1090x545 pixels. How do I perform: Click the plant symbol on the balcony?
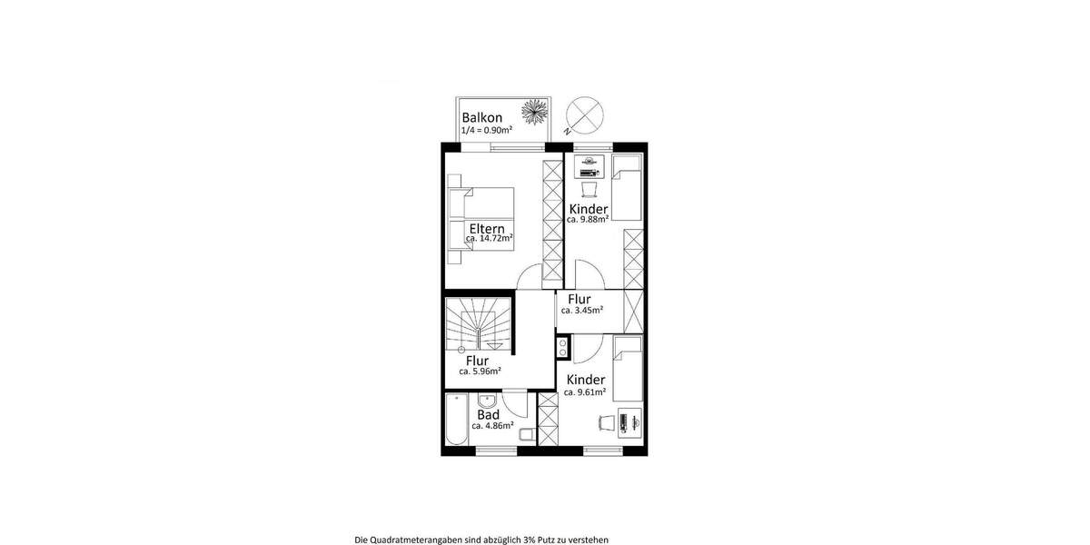(x=533, y=113)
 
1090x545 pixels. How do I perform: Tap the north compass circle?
(x=582, y=114)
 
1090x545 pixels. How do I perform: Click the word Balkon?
(x=481, y=118)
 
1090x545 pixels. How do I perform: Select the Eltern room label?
(x=489, y=227)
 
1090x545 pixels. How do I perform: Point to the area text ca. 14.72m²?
(x=489, y=239)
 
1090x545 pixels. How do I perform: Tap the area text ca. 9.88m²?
(x=588, y=220)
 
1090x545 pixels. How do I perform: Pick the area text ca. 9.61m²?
(x=585, y=392)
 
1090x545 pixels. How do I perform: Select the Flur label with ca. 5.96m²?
(x=478, y=361)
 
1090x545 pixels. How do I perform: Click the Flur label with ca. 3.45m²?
(x=580, y=299)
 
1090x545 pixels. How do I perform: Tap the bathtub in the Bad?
(x=457, y=419)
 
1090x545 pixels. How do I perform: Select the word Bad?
(x=488, y=414)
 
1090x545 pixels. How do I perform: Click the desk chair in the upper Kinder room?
(x=590, y=190)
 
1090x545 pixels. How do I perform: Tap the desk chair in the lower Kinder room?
(x=606, y=422)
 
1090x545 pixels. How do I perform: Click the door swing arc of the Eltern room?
(x=529, y=278)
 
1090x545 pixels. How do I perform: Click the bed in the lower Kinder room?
(x=628, y=368)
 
